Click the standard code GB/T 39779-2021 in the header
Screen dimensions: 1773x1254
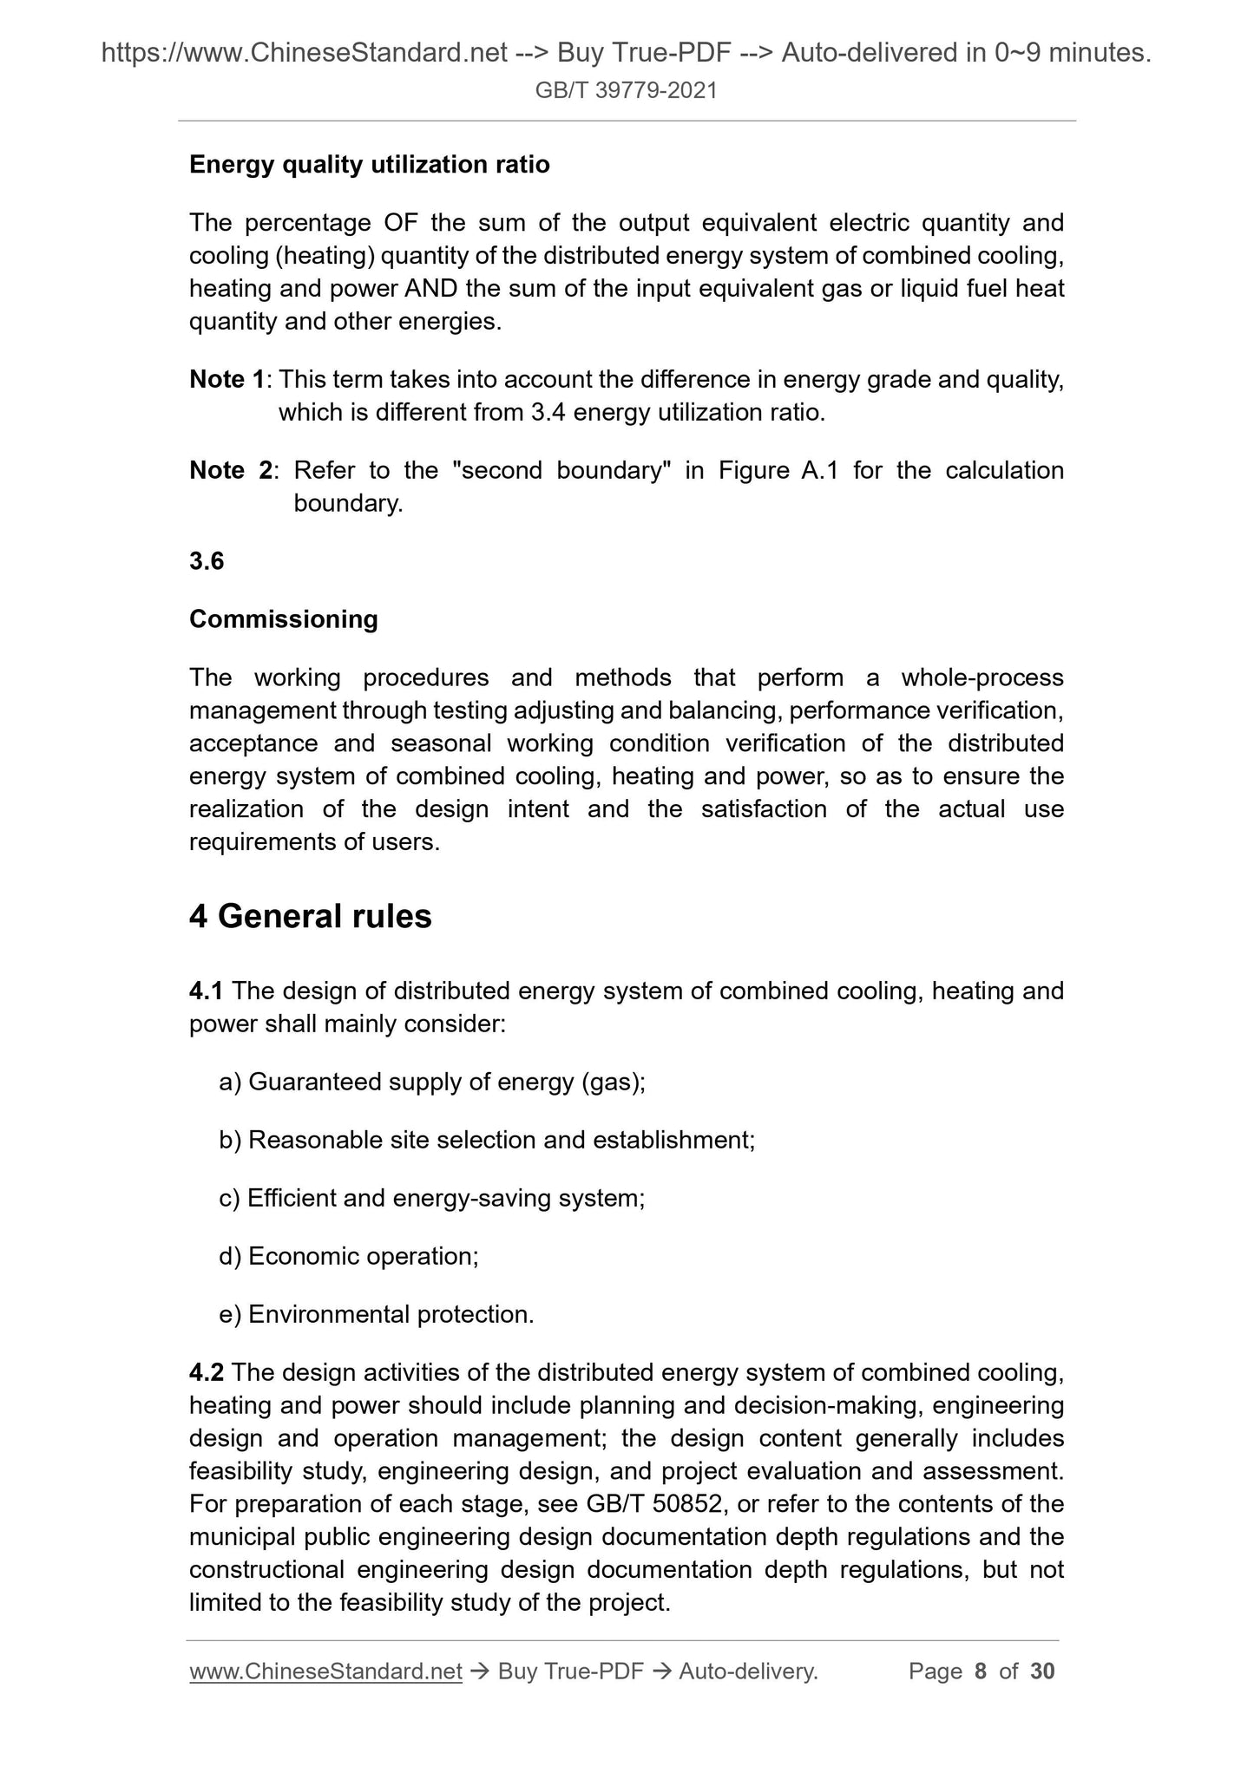click(x=626, y=90)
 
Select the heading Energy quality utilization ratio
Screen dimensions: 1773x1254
click(x=369, y=165)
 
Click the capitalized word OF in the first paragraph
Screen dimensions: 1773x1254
click(x=400, y=223)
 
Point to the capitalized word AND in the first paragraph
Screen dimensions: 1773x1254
click(x=430, y=289)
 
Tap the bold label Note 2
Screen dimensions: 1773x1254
click(x=230, y=470)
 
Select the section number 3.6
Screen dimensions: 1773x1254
click(x=207, y=561)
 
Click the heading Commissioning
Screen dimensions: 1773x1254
click(x=284, y=619)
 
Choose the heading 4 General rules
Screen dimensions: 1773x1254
click(x=310, y=917)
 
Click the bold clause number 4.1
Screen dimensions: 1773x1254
click(x=207, y=991)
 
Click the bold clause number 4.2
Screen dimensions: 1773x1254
click(x=207, y=1372)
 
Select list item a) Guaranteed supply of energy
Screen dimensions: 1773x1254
click(x=432, y=1082)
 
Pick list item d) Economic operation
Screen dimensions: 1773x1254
click(x=349, y=1256)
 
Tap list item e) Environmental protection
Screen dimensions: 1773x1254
click(x=377, y=1314)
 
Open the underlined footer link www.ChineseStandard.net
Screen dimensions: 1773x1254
click(x=325, y=1672)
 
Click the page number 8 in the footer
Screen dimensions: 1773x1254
click(x=981, y=1672)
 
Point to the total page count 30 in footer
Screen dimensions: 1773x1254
click(x=1041, y=1672)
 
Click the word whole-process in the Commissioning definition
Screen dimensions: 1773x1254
click(x=982, y=677)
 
